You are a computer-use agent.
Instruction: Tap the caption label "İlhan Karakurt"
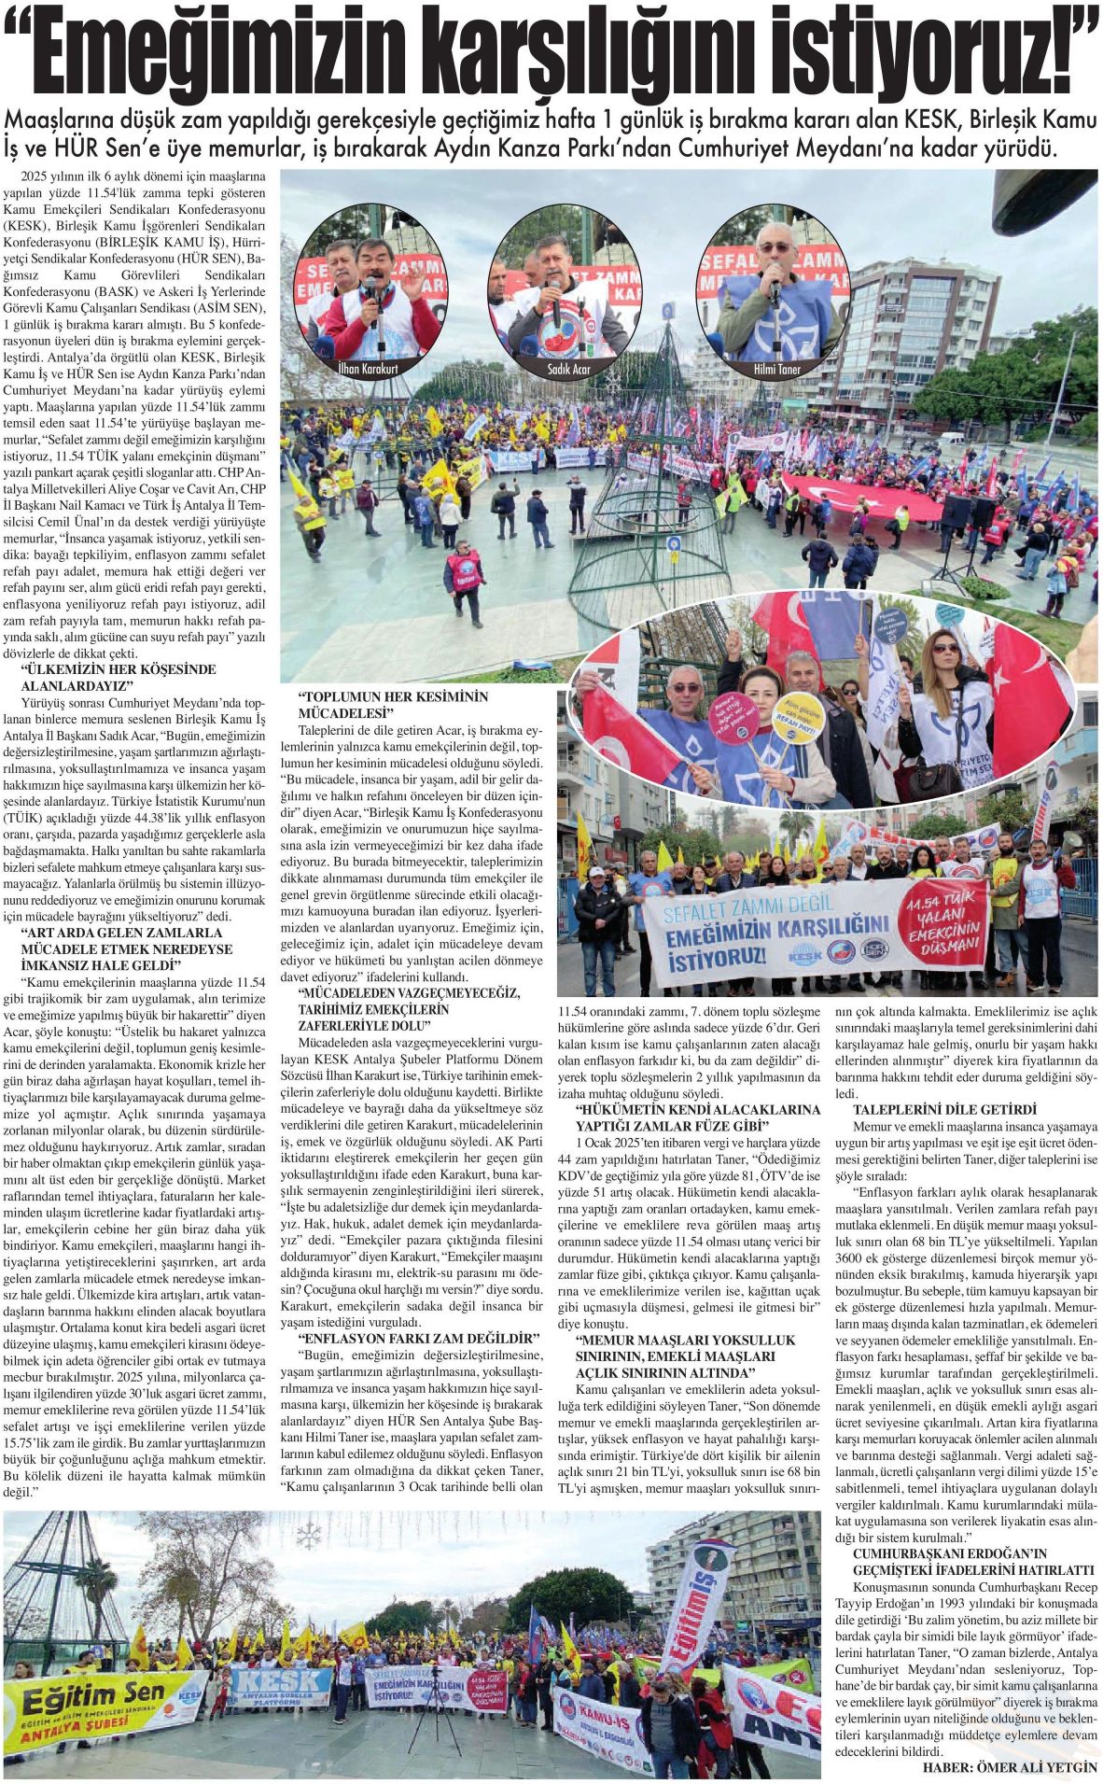pos(368,369)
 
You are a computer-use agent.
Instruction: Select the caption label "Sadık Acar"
pos(568,370)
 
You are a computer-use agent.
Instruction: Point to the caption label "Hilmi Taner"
pos(776,369)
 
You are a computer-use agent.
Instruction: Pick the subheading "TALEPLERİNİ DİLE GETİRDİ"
pos(944,1109)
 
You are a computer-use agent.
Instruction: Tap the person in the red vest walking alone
pos(465,579)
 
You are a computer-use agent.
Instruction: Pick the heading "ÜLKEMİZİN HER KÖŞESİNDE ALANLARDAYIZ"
pos(118,677)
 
